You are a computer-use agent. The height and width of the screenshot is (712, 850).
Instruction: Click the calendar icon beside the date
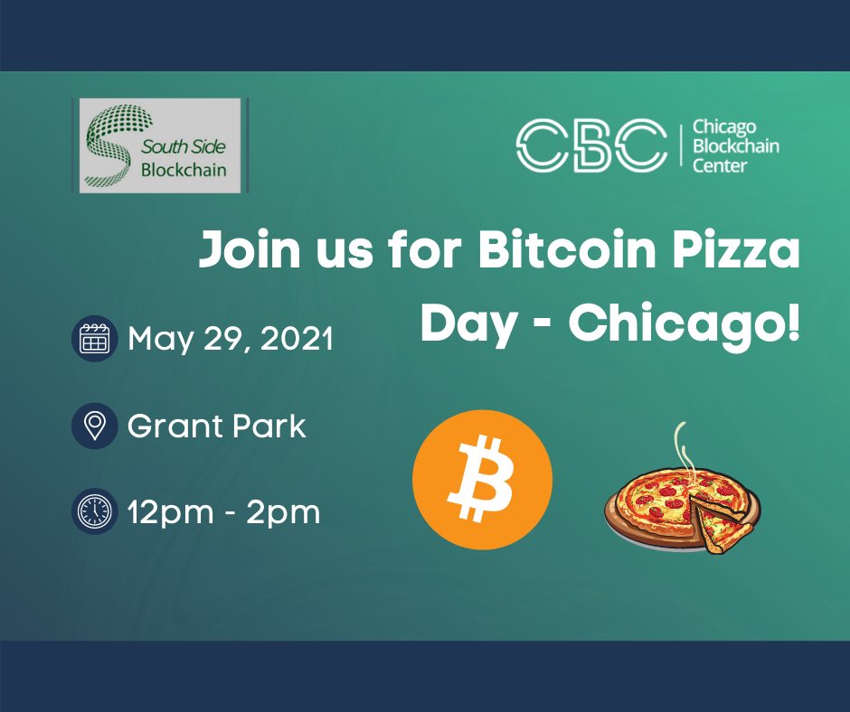click(x=95, y=339)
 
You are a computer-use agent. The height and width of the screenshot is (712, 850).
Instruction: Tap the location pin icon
click(x=95, y=426)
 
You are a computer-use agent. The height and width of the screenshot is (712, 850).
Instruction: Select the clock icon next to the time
click(x=95, y=511)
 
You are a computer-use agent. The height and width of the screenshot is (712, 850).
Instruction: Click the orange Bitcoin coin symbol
click(x=482, y=480)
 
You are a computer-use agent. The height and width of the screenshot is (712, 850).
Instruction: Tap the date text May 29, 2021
click(x=231, y=340)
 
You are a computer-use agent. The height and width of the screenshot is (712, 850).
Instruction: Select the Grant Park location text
click(x=217, y=426)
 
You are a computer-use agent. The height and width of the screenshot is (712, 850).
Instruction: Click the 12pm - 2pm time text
click(x=224, y=512)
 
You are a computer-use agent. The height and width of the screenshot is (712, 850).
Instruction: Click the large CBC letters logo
click(x=590, y=145)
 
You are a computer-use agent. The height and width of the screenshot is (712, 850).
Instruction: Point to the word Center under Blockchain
click(x=719, y=165)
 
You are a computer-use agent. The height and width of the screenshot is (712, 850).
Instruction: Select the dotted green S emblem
click(x=111, y=145)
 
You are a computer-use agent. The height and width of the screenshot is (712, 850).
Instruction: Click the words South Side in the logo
click(x=184, y=146)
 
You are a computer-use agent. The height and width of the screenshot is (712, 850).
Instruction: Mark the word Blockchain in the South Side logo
click(x=184, y=169)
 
